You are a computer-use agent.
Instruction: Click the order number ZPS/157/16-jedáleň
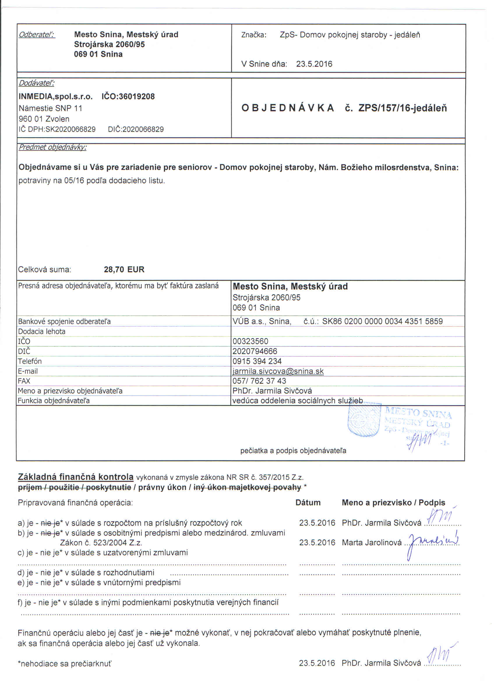click(x=403, y=108)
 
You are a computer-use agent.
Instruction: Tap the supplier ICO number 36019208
click(x=128, y=97)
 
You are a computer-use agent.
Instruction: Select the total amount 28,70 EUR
click(x=124, y=269)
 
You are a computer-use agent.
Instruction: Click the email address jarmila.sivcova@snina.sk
click(x=278, y=371)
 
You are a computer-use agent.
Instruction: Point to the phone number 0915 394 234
click(x=257, y=361)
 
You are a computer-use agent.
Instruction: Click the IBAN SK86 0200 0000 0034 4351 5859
click(x=382, y=322)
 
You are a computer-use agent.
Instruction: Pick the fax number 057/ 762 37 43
click(x=259, y=381)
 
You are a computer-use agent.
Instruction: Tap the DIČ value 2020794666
click(x=255, y=351)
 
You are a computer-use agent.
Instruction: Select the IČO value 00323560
click(x=250, y=341)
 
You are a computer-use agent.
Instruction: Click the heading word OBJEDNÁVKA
click(x=288, y=108)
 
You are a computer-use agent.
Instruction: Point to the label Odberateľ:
click(x=37, y=35)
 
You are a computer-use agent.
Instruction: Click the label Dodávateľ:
click(x=37, y=83)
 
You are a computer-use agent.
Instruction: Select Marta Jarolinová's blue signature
click(x=432, y=542)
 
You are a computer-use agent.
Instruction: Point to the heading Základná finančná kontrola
click(x=75, y=477)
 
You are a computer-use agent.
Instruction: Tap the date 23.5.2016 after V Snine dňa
click(x=314, y=64)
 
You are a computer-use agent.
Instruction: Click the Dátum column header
click(x=308, y=503)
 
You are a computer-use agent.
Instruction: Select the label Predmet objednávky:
click(x=52, y=148)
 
